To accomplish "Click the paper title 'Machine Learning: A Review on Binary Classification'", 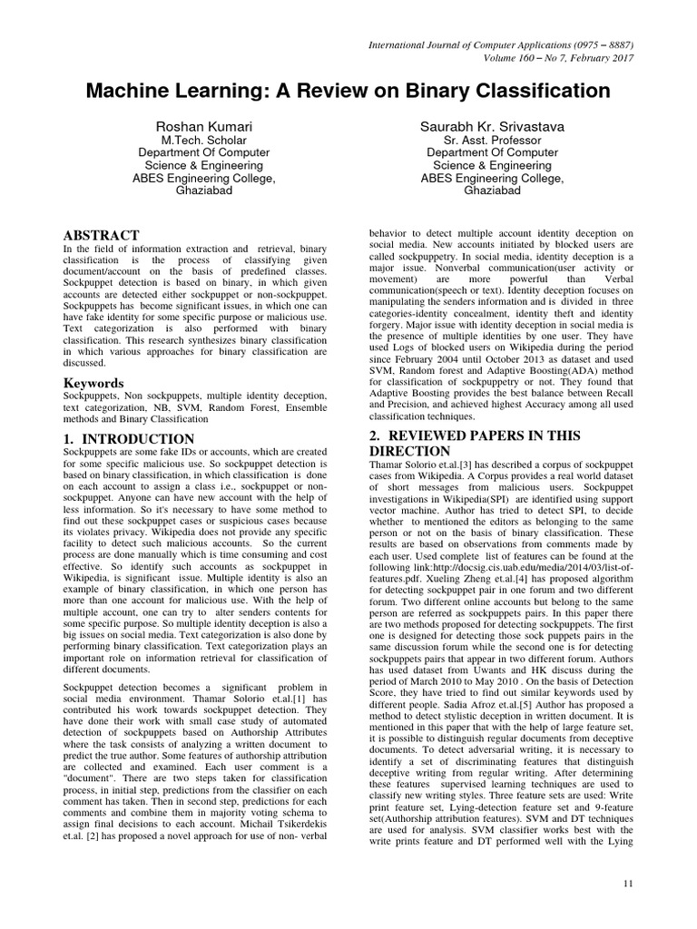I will [348, 91].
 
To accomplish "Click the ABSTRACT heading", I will [100, 234].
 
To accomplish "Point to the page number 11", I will [627, 883].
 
